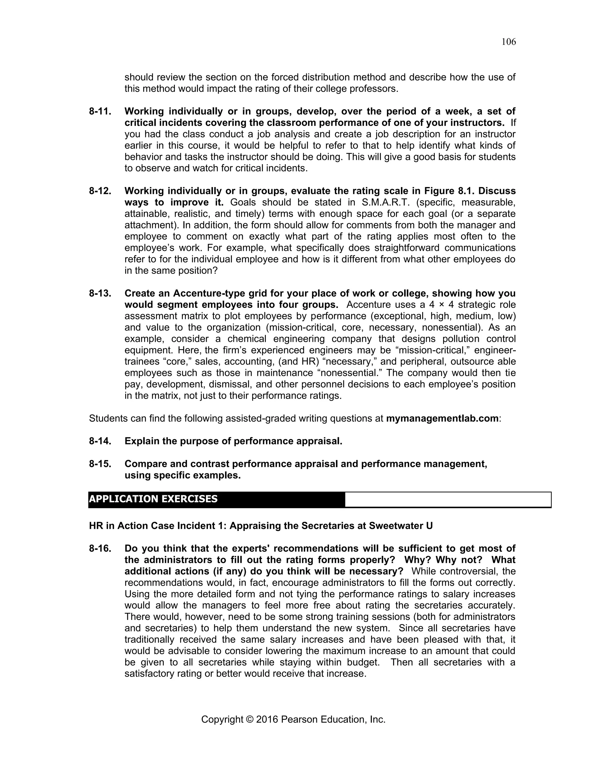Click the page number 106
[508, 42]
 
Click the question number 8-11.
[100, 111]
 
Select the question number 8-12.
[100, 191]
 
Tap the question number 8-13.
[100, 294]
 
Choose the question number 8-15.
[100, 464]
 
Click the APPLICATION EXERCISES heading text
[153, 499]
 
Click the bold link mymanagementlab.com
[442, 419]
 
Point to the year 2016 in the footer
[267, 719]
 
